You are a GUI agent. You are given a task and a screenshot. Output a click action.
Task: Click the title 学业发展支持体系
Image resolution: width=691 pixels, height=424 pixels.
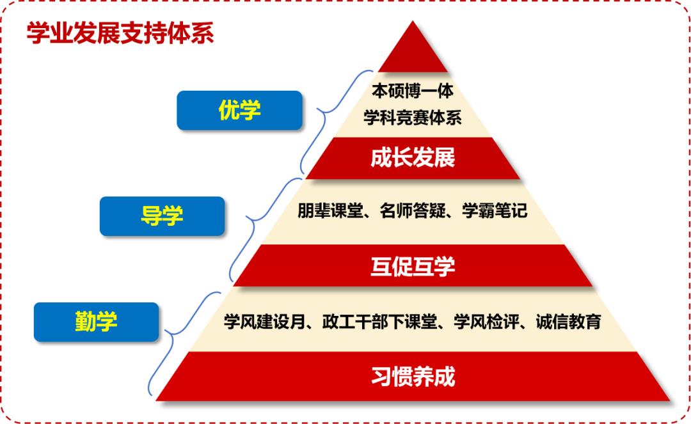click(x=120, y=34)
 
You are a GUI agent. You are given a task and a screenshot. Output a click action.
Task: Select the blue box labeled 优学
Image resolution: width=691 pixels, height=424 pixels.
click(x=239, y=110)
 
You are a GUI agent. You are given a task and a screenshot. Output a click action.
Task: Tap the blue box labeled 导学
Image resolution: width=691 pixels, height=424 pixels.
click(x=162, y=216)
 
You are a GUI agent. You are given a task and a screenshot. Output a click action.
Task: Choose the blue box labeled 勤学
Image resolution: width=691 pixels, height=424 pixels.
click(x=96, y=321)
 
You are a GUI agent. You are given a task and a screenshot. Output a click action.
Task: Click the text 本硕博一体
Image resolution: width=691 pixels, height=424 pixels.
click(x=413, y=91)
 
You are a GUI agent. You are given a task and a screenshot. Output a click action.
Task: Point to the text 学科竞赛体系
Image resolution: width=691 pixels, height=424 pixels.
click(x=413, y=118)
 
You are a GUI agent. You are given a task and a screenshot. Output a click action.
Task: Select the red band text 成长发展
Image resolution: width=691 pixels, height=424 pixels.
click(x=413, y=157)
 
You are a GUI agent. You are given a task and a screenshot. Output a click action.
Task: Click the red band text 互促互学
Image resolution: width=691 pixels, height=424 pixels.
click(x=413, y=265)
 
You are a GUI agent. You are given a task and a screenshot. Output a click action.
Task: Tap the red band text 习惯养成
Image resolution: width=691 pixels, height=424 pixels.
click(x=413, y=376)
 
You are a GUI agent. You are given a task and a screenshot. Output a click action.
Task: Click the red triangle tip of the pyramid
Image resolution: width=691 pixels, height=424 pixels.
click(x=413, y=51)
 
